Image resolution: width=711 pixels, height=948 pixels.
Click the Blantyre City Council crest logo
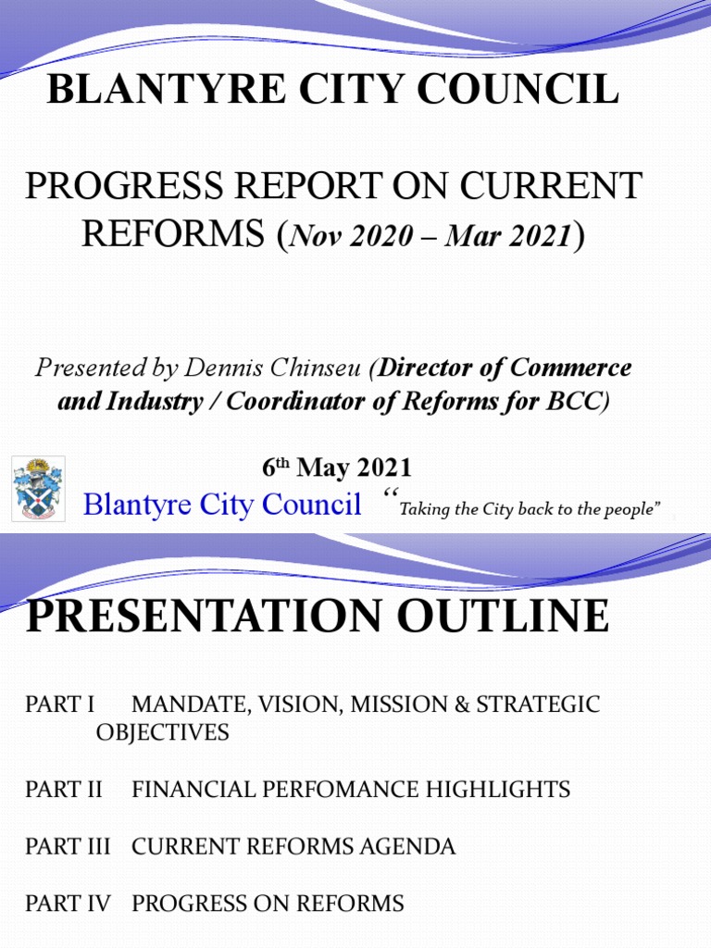click(x=38, y=488)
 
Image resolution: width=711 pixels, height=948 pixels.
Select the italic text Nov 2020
click(x=351, y=237)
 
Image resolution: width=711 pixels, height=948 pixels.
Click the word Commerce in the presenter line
click(x=570, y=368)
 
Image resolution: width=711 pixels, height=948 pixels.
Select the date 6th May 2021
click(x=337, y=468)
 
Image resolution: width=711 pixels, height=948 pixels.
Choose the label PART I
click(x=60, y=705)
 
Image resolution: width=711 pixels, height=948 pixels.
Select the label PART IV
click(x=68, y=904)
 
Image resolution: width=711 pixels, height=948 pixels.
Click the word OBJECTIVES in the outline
click(x=162, y=732)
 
